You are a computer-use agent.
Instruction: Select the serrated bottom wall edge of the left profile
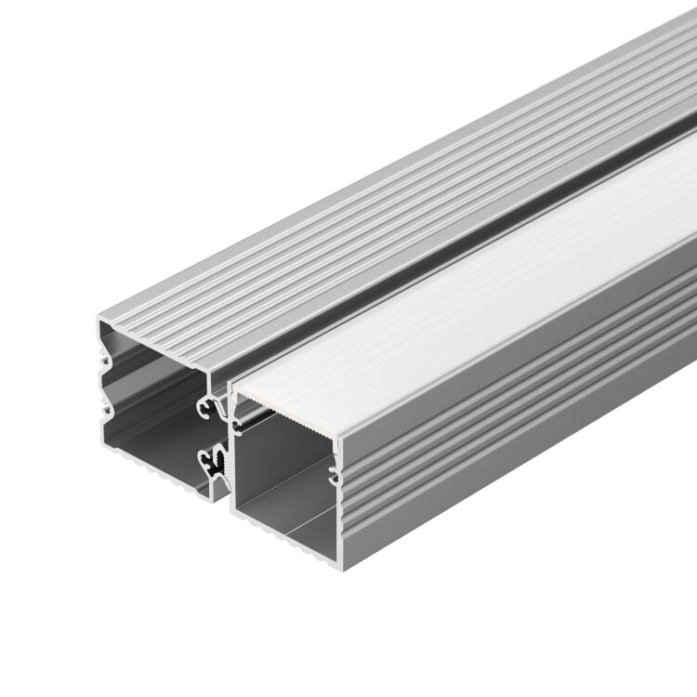pos(158,466)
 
